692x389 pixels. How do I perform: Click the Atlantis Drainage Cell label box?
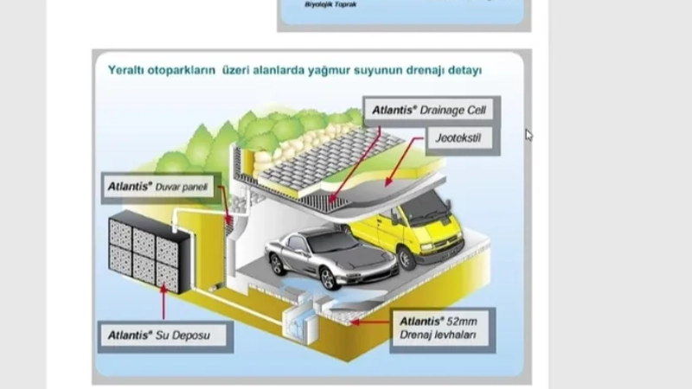pos(431,112)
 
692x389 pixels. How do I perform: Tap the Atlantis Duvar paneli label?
pos(159,185)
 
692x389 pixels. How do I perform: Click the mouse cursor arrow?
pos(529,134)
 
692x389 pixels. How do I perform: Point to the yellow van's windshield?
pos(425,208)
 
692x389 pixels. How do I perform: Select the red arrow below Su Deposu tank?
pos(165,299)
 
